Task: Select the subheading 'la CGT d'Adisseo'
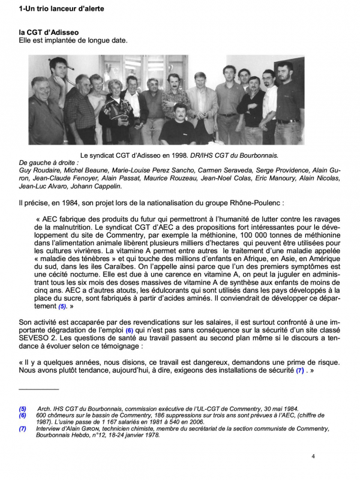[49, 32]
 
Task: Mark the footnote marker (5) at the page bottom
[22, 409]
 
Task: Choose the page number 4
[313, 457]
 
